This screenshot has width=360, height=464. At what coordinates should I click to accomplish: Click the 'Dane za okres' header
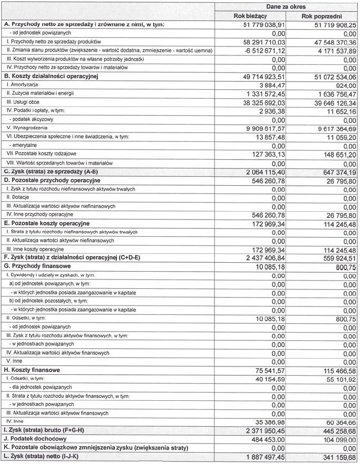coord(287,6)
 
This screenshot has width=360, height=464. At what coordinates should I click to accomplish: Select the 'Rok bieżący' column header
coord(251,17)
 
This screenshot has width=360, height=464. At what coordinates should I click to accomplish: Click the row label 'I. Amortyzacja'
coord(22,85)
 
